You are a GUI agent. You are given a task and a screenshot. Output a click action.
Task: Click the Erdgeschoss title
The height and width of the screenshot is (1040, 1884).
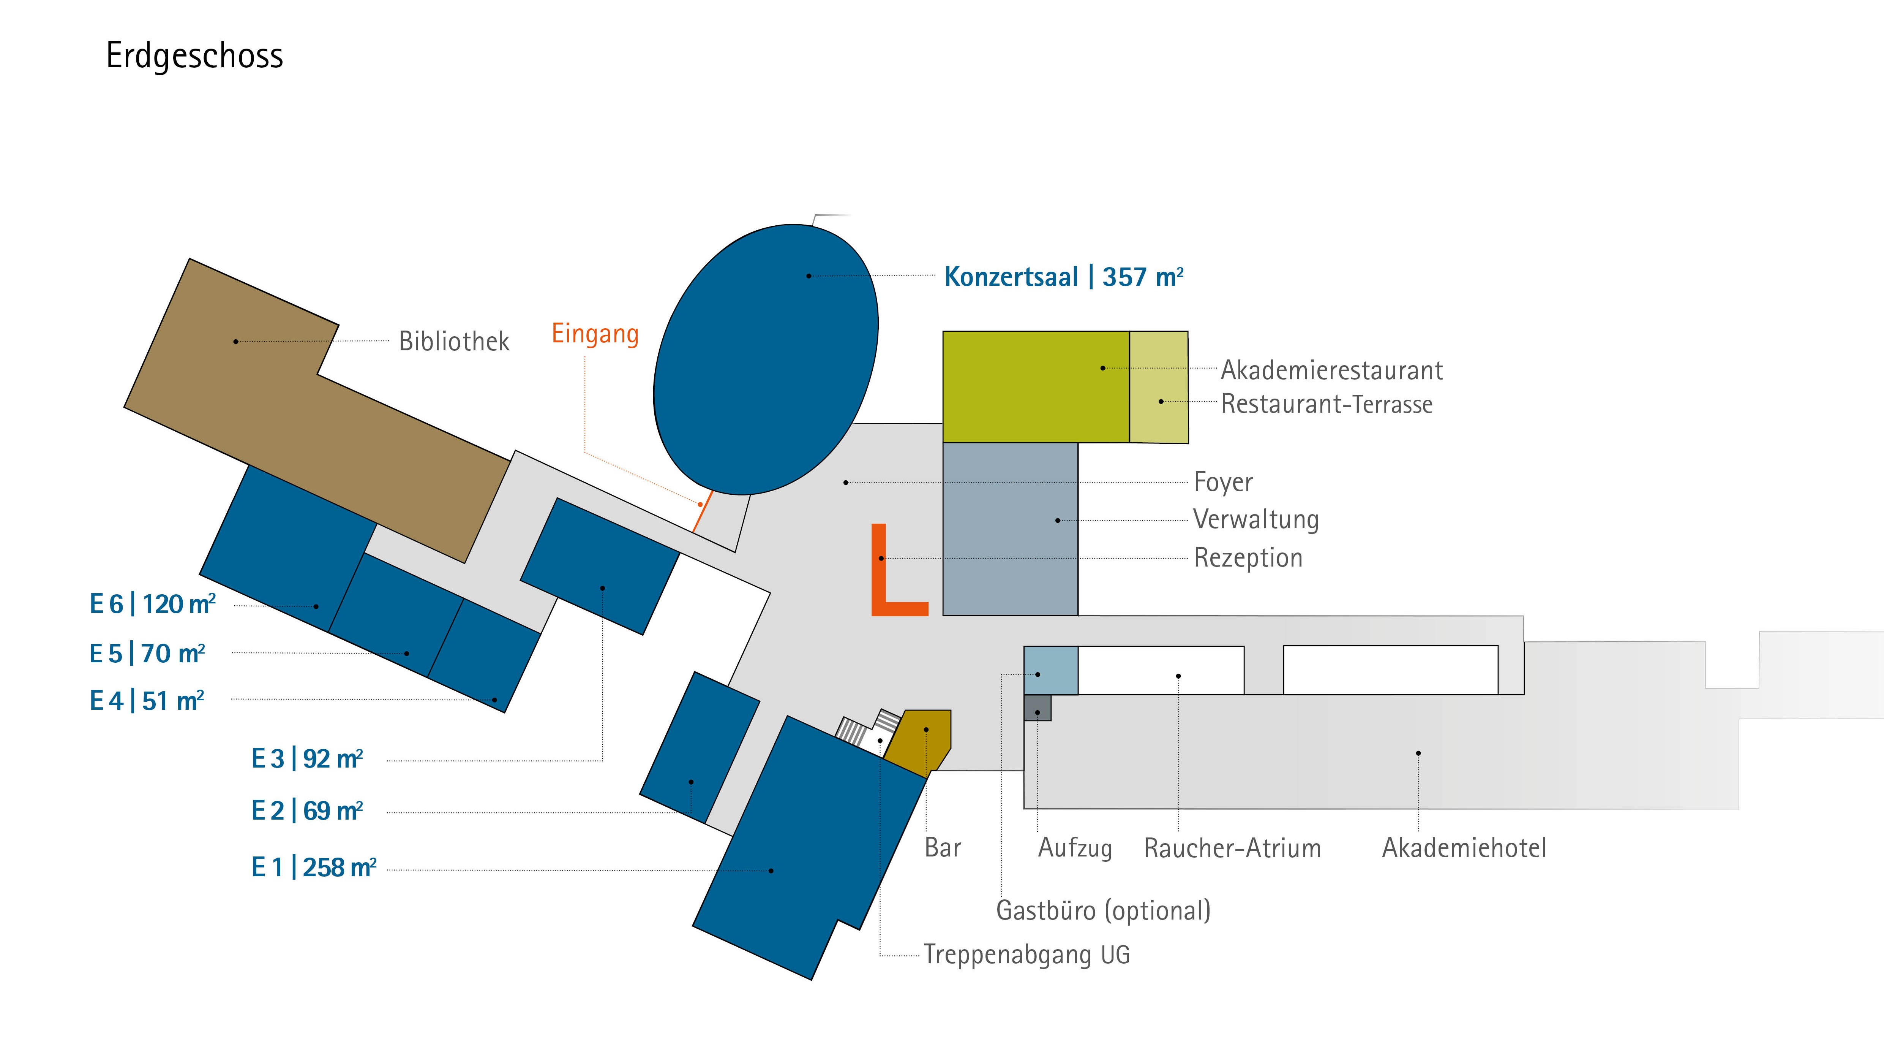point(194,55)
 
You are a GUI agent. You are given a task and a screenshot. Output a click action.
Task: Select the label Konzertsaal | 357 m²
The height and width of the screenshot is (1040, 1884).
point(1063,277)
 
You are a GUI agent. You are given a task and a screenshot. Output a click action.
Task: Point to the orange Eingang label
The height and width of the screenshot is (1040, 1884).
point(595,334)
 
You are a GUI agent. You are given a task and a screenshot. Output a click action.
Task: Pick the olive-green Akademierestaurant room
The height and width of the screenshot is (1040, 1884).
point(1036,386)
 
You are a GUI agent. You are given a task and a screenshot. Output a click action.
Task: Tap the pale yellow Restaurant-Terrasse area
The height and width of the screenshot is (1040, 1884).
point(1159,386)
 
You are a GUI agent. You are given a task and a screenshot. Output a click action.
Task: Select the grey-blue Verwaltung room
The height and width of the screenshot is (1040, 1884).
point(1010,529)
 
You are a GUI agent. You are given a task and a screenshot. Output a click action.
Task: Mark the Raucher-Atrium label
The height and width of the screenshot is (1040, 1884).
point(1232,847)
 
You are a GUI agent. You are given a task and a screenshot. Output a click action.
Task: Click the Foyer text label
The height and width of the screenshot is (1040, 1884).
point(1223,481)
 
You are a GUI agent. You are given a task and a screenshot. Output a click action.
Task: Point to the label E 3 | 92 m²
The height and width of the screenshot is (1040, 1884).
point(307,758)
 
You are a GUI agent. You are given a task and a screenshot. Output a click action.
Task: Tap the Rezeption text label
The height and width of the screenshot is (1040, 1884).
point(1248,558)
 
